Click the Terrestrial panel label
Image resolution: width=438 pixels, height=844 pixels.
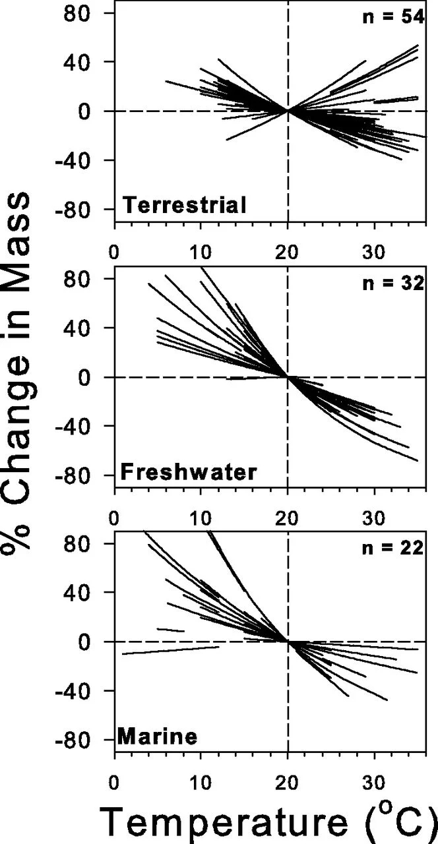click(185, 206)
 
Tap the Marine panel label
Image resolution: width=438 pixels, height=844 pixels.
click(157, 735)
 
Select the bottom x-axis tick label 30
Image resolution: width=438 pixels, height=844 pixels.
click(374, 779)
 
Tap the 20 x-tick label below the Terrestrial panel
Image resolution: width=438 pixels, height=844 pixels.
click(288, 253)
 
